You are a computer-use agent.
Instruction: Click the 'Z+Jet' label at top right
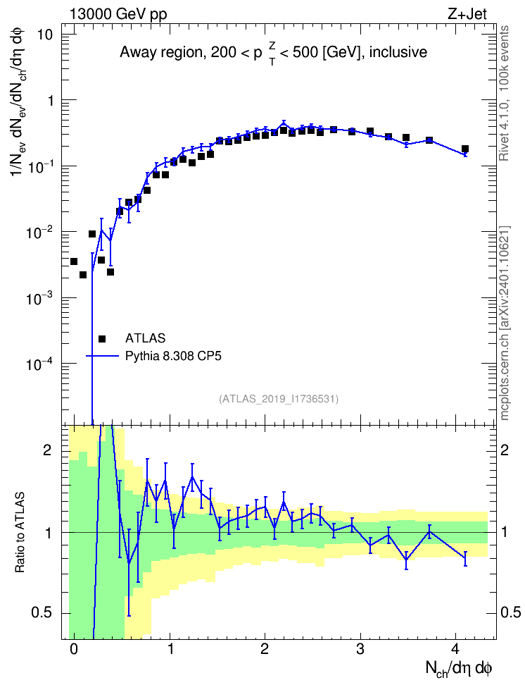(x=467, y=14)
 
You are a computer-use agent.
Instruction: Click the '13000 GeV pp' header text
(x=118, y=15)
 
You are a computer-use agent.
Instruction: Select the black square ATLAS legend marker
(x=102, y=338)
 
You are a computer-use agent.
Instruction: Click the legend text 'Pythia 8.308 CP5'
(x=173, y=356)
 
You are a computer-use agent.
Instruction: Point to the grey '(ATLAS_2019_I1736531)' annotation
(x=279, y=398)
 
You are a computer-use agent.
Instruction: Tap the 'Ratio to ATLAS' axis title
(x=20, y=533)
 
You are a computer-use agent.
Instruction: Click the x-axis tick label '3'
(x=360, y=649)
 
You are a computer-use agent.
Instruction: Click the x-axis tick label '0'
(x=74, y=649)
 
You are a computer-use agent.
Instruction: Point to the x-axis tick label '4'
(x=455, y=649)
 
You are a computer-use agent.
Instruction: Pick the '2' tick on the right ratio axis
(x=505, y=450)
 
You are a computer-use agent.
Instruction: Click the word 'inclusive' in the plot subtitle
(x=398, y=52)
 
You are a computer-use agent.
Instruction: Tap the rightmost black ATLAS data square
(x=465, y=149)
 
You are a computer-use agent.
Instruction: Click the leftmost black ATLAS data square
(x=74, y=261)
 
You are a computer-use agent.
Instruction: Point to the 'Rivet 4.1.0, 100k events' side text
(x=505, y=93)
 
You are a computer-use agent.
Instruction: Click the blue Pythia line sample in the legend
(x=102, y=356)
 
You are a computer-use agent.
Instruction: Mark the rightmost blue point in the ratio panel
(x=465, y=558)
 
